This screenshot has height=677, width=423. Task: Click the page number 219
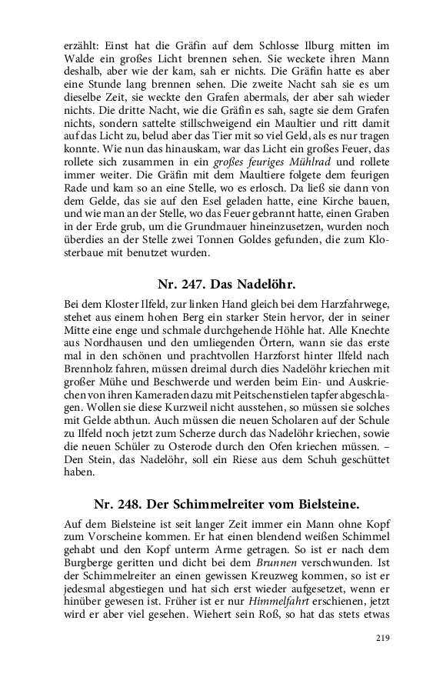pos(382,638)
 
